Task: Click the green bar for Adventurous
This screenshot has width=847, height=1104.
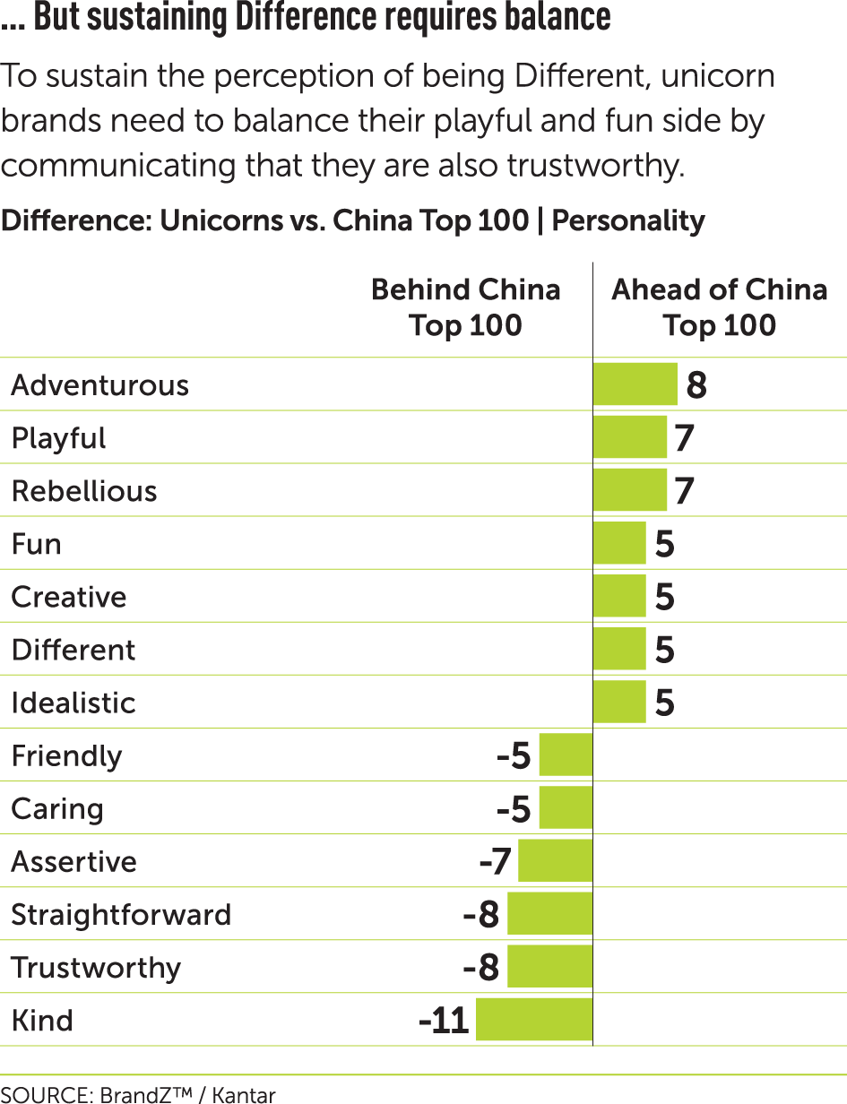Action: [635, 384]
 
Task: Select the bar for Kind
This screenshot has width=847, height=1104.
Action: [534, 1020]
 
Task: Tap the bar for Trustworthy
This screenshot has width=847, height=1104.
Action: [549, 967]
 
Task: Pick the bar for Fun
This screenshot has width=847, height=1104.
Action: [619, 543]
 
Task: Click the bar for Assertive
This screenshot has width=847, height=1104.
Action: [555, 861]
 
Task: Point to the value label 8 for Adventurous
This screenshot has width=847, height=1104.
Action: [696, 385]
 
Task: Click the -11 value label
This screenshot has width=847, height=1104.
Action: [445, 1021]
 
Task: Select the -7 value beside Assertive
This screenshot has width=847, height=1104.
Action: [495, 862]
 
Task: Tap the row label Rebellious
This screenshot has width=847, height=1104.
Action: [84, 491]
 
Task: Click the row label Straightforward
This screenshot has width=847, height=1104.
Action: [121, 915]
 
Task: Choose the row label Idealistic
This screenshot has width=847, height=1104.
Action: [73, 703]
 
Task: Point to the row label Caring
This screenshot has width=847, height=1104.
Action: [57, 809]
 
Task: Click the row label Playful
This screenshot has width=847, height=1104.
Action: [59, 438]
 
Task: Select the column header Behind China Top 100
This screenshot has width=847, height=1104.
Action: [465, 307]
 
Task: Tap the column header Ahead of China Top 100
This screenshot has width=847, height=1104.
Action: [719, 307]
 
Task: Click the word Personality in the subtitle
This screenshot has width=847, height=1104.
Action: [628, 220]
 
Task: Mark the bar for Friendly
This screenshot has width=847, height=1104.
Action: [566, 755]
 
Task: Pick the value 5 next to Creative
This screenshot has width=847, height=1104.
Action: [664, 598]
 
